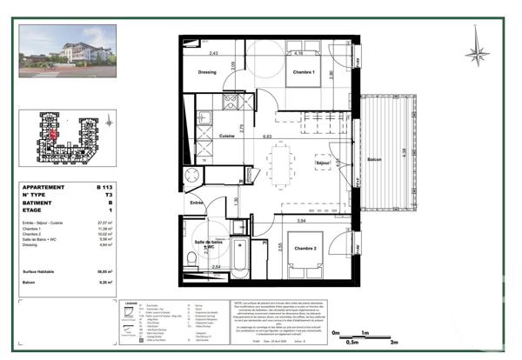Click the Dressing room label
pyautogui.click(x=207, y=72)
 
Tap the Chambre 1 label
pyautogui.click(x=302, y=72)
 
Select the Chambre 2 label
pyautogui.click(x=303, y=250)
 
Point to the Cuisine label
pyautogui.click(x=229, y=137)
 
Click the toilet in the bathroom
pyautogui.click(x=191, y=257)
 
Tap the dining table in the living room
pyautogui.click(x=281, y=163)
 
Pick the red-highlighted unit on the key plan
pyautogui.click(x=55, y=133)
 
